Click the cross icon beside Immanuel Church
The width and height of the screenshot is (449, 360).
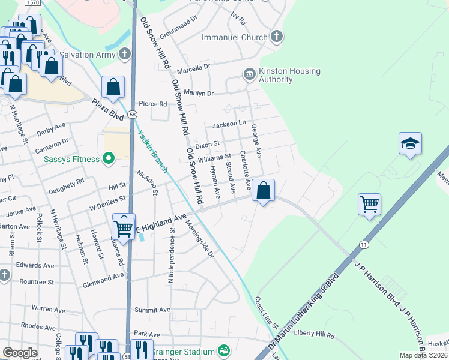[x=276, y=37]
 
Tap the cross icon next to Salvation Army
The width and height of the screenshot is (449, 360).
[x=124, y=55]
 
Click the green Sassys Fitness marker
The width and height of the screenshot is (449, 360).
[x=108, y=159]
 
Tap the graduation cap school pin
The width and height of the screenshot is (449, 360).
[x=410, y=144]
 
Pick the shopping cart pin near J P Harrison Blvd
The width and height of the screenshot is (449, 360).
[x=370, y=204]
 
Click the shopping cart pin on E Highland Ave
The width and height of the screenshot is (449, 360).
[x=124, y=227]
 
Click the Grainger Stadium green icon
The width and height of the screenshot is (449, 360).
[x=224, y=350]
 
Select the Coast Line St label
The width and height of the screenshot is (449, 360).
[x=267, y=312]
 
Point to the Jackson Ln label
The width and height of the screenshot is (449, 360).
[x=229, y=124]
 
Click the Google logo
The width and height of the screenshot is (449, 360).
[x=20, y=352]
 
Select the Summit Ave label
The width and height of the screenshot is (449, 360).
[x=148, y=310]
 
